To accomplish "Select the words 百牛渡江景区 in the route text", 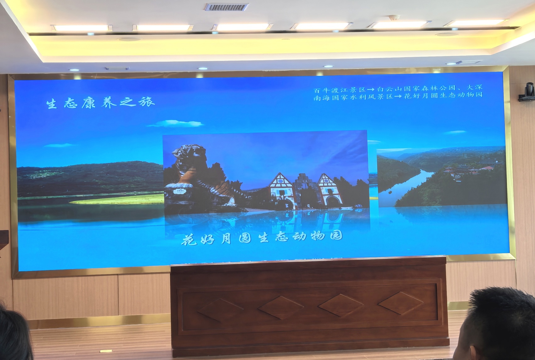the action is pyautogui.click(x=340, y=90).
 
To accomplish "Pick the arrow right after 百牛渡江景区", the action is pyautogui.click(x=371, y=90).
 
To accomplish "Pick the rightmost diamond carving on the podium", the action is pyautogui.click(x=400, y=303).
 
